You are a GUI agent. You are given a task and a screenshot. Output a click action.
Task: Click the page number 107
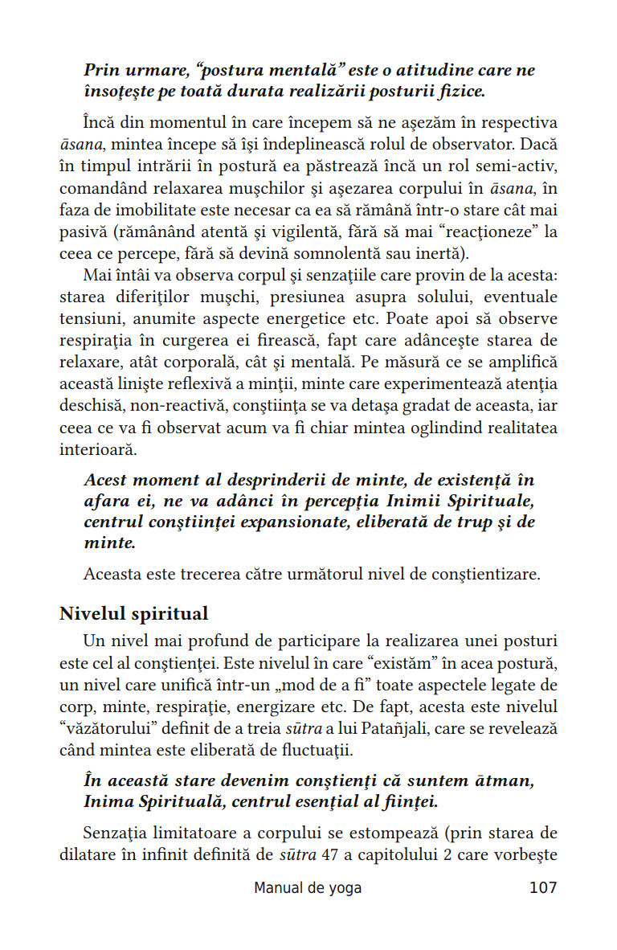542,888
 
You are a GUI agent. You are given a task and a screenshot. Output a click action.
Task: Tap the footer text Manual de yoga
308,888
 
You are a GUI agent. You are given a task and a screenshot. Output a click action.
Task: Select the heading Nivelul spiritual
134,614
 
